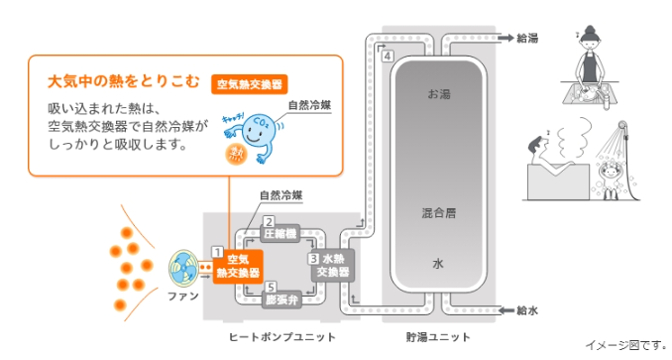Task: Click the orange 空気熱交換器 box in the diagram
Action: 243,265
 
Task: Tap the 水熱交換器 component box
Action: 332,265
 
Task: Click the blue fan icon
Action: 185,268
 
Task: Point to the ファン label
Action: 185,298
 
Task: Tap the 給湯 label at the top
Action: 527,38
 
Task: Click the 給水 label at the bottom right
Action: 527,310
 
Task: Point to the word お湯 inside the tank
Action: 438,94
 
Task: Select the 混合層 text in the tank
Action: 438,212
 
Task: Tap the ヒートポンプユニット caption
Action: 282,337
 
